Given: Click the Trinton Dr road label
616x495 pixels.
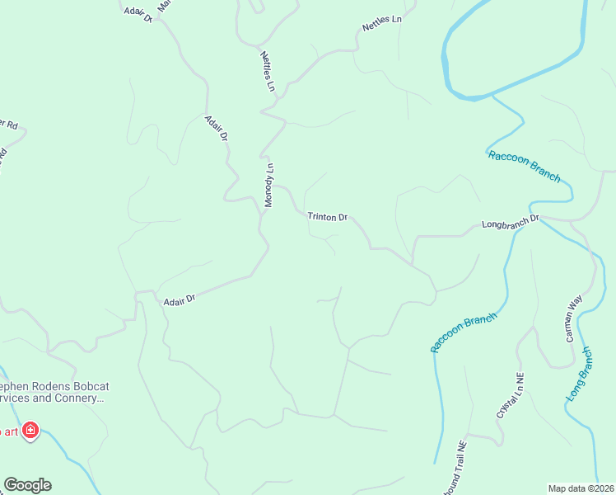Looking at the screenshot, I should (328, 217).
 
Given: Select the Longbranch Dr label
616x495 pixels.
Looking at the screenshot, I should (510, 223).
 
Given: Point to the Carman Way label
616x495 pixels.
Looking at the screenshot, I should (574, 318).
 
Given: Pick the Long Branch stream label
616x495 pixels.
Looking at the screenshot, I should (580, 375).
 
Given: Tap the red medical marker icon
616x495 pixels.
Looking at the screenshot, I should (31, 431).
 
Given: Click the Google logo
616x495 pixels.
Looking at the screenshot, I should (27, 485).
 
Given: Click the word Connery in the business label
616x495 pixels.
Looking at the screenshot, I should (79, 398).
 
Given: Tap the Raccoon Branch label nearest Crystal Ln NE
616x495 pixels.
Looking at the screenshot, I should (464, 332).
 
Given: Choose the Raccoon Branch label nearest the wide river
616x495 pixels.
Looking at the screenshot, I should (524, 166).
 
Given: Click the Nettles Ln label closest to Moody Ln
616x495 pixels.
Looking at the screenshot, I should (268, 71).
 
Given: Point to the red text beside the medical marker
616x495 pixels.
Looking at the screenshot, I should (9, 431).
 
